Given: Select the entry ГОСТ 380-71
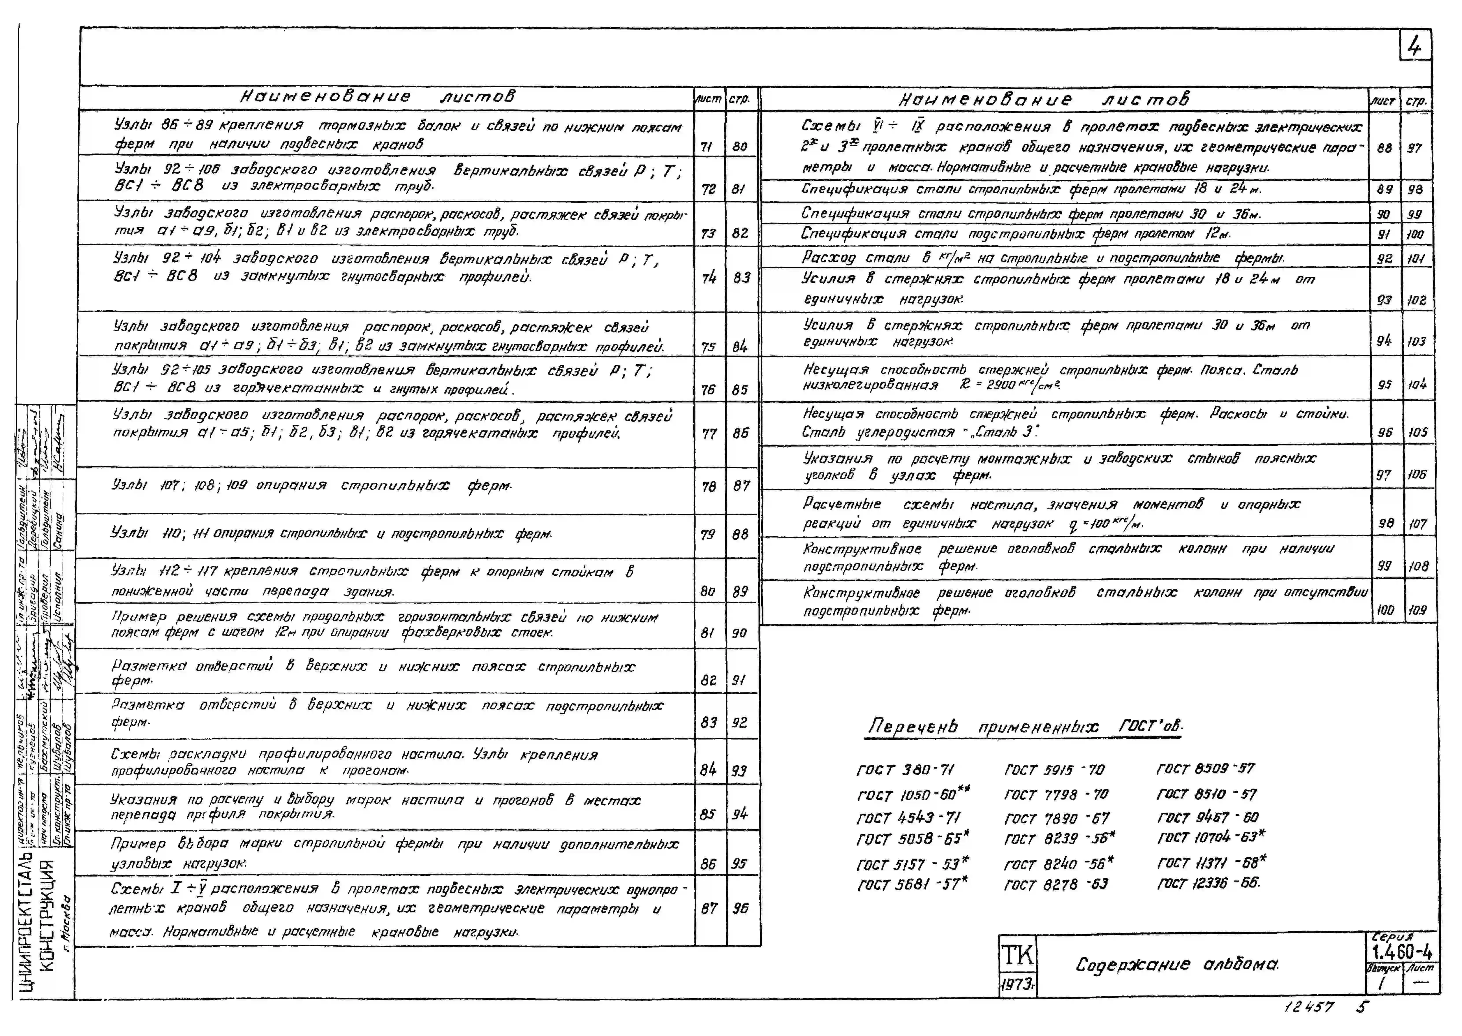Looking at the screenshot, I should pyautogui.click(x=905, y=770).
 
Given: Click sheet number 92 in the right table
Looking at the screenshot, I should pyautogui.click(x=1384, y=258).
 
